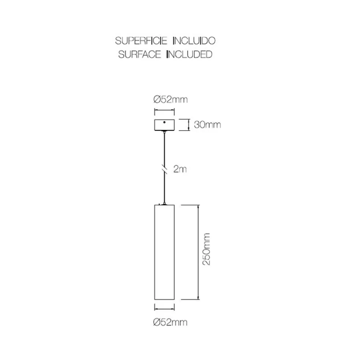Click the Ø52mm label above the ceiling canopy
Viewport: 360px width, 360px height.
click(171, 100)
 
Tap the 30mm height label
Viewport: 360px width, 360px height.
click(207, 125)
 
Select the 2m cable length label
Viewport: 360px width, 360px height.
click(180, 169)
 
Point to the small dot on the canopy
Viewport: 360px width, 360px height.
click(164, 122)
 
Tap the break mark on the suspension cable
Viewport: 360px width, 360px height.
click(164, 169)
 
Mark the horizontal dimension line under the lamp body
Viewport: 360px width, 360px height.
click(164, 307)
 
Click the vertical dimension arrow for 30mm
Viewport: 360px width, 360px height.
click(188, 125)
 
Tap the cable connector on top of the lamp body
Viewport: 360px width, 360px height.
click(164, 204)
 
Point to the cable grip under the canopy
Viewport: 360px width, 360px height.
click(164, 132)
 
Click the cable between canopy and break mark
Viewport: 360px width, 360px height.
click(164, 150)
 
